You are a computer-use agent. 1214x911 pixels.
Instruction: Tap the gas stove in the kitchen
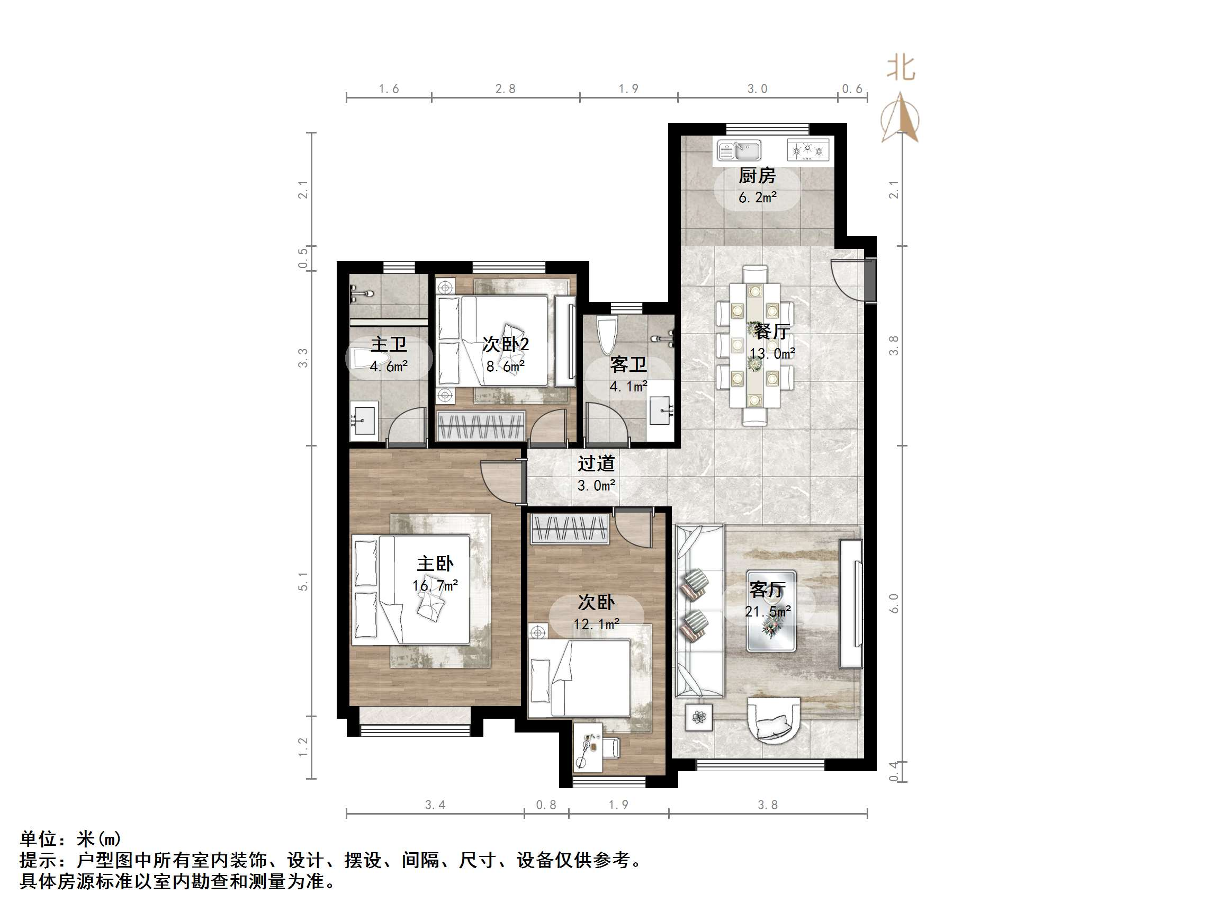807,150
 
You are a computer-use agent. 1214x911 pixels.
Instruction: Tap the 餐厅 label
771,331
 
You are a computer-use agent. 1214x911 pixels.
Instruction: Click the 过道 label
596,463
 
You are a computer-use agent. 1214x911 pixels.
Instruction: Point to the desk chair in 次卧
612,747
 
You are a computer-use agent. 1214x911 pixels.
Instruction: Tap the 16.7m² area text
435,585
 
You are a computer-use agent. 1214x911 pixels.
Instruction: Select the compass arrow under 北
900,118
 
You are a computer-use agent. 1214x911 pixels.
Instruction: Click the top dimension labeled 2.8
505,89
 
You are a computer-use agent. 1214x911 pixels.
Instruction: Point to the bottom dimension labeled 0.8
545,805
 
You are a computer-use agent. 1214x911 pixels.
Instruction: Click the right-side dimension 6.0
894,603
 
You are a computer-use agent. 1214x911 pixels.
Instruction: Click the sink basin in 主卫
363,421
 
